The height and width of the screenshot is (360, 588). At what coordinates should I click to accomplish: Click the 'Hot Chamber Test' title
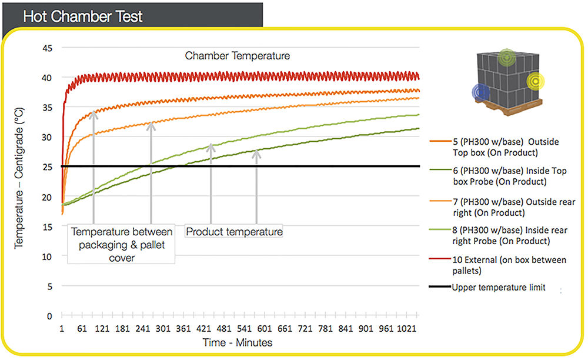click(82, 16)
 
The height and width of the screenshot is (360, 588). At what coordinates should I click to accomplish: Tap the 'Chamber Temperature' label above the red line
click(238, 56)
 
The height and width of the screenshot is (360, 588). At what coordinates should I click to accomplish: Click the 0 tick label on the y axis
click(51, 316)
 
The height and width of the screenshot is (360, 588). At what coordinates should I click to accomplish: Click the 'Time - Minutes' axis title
click(238, 342)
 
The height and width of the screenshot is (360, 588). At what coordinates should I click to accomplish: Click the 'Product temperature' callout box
click(234, 232)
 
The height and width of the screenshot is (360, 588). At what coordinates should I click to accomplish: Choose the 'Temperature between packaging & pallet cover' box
click(122, 244)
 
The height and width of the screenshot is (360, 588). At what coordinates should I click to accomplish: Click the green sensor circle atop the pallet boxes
click(506, 58)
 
